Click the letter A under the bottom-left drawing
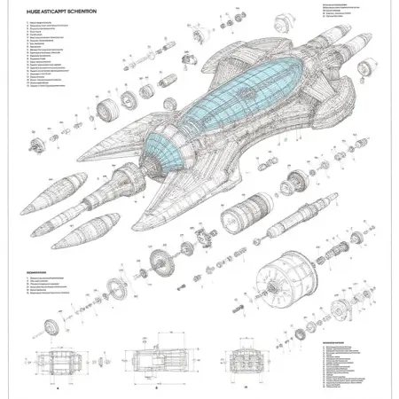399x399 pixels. point(58,388)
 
